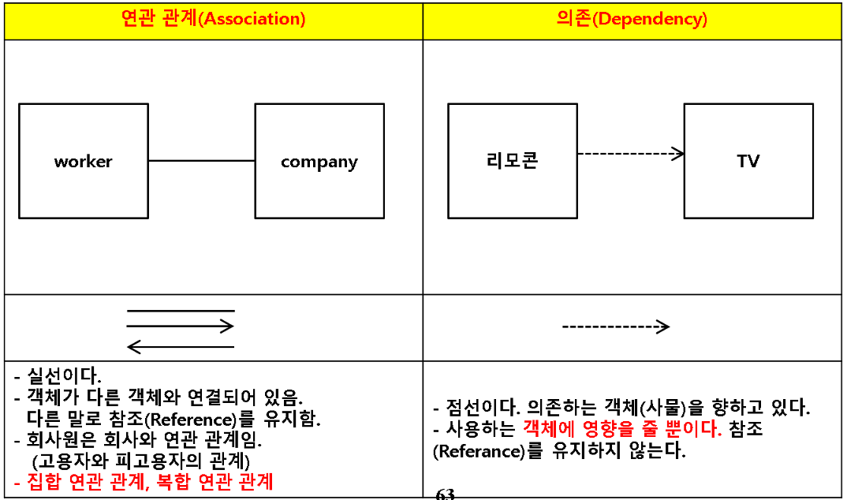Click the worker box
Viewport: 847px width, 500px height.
point(83,161)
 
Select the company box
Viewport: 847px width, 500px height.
point(319,161)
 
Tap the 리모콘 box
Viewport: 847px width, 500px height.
point(512,161)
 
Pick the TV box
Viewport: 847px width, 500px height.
point(748,161)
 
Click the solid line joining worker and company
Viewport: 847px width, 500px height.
point(201,161)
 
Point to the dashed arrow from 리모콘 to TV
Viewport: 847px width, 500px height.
point(630,154)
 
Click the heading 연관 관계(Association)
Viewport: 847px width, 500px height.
point(213,20)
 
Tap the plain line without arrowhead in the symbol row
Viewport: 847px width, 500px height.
point(181,311)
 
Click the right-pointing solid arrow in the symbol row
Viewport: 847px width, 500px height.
point(181,326)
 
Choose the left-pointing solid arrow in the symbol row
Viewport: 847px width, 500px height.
point(181,346)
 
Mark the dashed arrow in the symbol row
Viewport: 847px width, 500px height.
point(615,326)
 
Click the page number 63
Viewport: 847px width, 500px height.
point(445,494)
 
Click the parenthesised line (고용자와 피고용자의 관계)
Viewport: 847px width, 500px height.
point(141,460)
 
